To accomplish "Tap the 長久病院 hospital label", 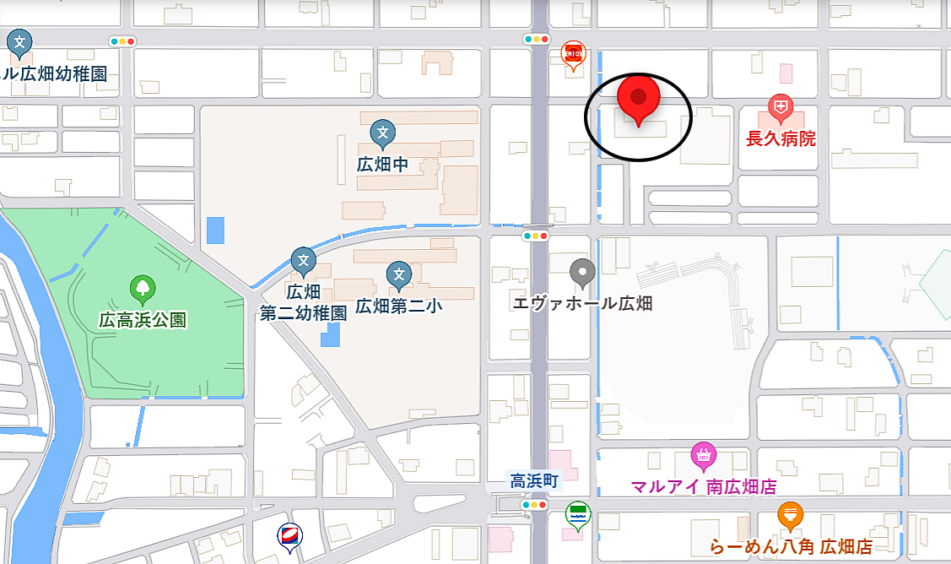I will click(x=781, y=138).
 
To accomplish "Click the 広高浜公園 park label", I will click(x=143, y=320).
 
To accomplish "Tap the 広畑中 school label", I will click(x=382, y=164).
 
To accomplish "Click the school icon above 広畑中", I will click(x=383, y=133).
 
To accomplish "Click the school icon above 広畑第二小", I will click(x=399, y=274).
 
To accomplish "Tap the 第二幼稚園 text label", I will click(x=303, y=312).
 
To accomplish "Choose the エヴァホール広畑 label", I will click(x=583, y=303).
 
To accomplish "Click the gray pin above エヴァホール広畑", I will click(x=583, y=273).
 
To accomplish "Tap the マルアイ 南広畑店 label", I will click(x=703, y=487).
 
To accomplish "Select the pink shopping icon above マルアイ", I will click(x=703, y=456).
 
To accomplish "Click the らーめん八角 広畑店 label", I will click(x=790, y=545).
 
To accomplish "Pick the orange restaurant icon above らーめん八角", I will click(x=790, y=514).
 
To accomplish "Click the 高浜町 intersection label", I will click(x=534, y=480).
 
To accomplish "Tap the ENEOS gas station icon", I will click(x=574, y=56).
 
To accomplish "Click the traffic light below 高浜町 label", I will click(x=535, y=505).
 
